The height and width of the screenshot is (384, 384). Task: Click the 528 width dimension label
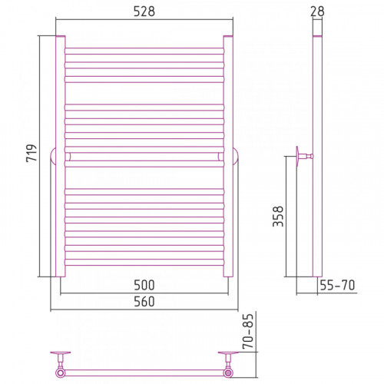click(144, 12)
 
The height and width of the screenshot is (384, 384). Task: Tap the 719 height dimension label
click(31, 153)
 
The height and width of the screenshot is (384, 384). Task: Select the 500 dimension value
click(144, 285)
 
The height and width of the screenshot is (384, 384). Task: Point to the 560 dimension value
click(144, 302)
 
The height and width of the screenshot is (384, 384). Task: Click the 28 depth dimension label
click(317, 12)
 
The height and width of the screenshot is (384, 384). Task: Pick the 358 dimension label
click(278, 217)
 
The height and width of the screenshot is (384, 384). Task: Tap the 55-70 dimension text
click(337, 285)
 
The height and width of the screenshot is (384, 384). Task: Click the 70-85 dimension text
click(248, 331)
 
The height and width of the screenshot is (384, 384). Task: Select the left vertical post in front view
click(61, 156)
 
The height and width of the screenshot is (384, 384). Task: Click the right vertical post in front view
click(228, 156)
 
